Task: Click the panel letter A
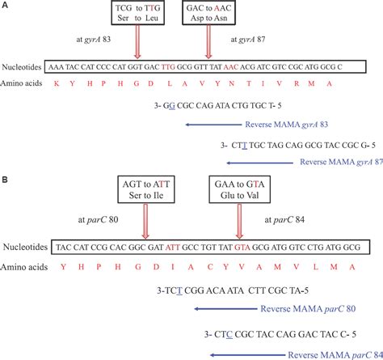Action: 5,6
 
